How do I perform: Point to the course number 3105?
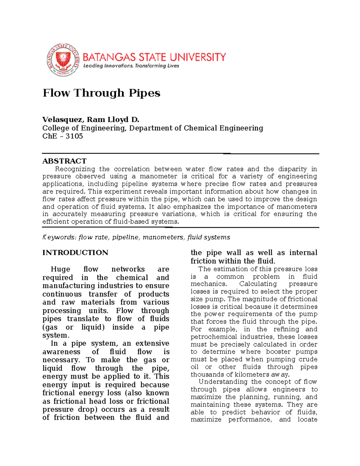tap(74, 136)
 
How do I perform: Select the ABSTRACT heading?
tap(64, 161)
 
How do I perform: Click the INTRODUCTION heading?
tap(75, 253)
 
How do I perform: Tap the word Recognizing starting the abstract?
tap(75, 169)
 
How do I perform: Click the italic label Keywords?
tap(59, 237)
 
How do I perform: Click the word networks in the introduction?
tap(128, 269)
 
